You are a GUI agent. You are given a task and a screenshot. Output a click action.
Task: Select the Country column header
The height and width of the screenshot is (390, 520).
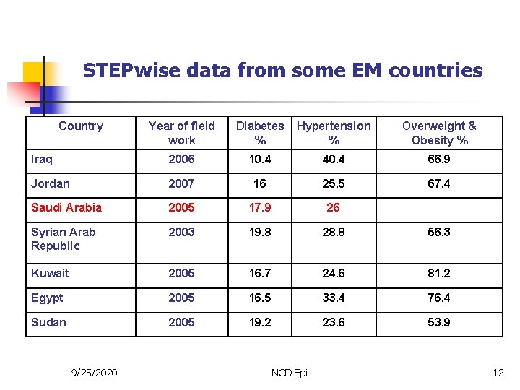tap(81, 126)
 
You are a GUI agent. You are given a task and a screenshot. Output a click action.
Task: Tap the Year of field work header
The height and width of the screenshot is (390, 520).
tap(181, 133)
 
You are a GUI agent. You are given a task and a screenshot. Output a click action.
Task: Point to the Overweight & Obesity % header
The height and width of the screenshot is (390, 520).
tap(439, 133)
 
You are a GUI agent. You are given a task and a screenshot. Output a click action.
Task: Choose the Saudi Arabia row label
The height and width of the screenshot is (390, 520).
tap(66, 208)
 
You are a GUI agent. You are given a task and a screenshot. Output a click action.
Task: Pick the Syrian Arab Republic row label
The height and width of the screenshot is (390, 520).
tap(63, 239)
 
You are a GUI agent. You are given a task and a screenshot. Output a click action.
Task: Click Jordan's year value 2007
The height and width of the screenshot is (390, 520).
tap(181, 184)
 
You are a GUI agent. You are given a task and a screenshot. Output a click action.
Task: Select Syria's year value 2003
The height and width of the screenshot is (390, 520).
tap(181, 233)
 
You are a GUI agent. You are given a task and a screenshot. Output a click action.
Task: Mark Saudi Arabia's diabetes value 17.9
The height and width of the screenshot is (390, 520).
tap(260, 208)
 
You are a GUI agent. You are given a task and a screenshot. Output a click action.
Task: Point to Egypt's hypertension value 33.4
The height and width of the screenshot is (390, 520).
tap(333, 298)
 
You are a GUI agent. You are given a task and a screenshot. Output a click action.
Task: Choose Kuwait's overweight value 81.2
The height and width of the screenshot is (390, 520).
tap(439, 274)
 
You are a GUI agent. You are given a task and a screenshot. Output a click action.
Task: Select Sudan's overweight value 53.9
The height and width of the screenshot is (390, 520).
tap(439, 323)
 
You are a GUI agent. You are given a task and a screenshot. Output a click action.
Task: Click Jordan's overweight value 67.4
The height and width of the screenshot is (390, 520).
tap(439, 184)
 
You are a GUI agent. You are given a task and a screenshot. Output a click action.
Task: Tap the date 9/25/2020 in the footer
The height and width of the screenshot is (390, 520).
tap(95, 373)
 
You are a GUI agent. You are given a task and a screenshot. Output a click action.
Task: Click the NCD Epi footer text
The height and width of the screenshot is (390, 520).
tap(289, 373)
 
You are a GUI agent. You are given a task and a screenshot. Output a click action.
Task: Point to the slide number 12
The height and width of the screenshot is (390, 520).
tap(498, 373)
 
